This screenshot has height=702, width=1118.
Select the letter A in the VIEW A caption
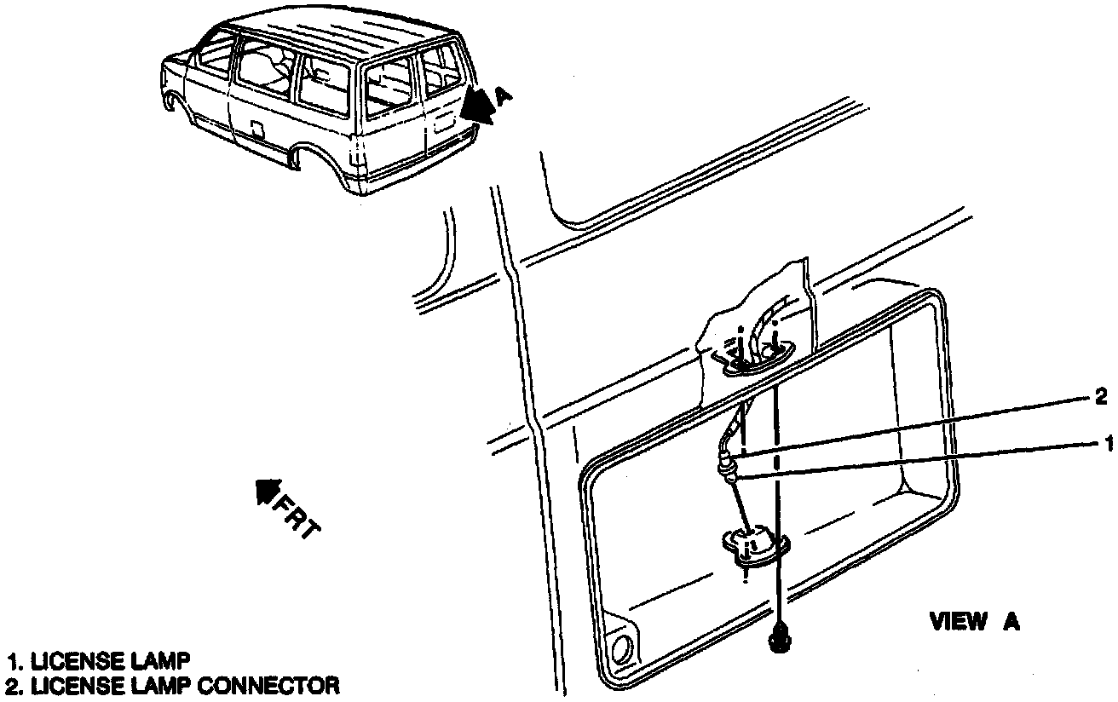(1011, 622)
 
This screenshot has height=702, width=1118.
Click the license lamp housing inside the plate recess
(754, 545)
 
